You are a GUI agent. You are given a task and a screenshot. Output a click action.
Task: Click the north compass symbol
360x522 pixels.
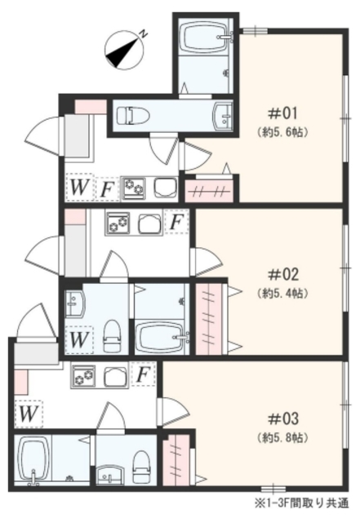[x=125, y=50]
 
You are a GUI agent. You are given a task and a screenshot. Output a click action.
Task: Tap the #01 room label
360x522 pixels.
[x=282, y=114]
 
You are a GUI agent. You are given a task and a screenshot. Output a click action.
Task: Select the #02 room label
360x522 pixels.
[x=282, y=275]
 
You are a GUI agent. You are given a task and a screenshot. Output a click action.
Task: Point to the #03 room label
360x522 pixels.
[x=282, y=418]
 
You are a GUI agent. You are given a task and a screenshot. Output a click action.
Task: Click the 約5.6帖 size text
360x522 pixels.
[x=282, y=132]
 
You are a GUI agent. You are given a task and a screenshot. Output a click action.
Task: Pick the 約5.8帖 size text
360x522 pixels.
[x=282, y=437]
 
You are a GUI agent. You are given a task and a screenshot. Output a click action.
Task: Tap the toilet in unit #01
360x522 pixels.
[x=133, y=116]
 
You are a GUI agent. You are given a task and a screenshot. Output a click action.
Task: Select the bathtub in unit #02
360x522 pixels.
[x=162, y=337]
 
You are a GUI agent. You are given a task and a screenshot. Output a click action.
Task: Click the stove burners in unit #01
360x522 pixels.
[x=134, y=188]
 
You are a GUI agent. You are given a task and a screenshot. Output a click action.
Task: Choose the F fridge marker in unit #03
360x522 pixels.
[x=143, y=374]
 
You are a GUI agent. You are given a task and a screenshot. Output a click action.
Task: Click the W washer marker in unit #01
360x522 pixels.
[x=79, y=187]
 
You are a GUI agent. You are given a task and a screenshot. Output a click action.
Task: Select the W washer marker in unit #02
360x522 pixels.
[x=79, y=339]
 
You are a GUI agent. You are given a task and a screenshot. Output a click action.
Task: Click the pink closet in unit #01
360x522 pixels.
[x=209, y=192]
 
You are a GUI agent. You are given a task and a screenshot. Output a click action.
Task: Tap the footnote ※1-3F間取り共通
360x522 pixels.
[x=302, y=502]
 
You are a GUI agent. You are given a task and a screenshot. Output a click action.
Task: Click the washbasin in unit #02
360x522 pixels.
[x=74, y=303]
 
